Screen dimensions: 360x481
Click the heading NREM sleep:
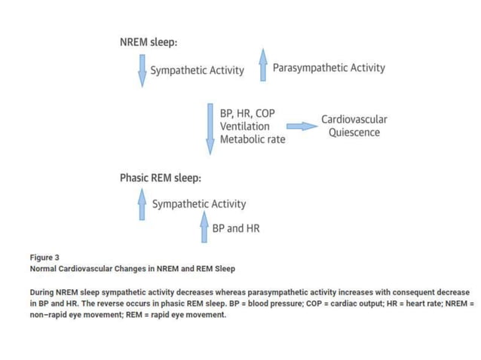tap(149, 42)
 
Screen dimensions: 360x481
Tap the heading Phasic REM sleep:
tap(160, 178)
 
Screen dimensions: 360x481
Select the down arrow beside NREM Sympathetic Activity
tap(142, 70)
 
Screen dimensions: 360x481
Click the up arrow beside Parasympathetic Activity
tap(262, 66)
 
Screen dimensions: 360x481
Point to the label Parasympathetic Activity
tap(329, 68)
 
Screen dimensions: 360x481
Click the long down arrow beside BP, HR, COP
tap(210, 128)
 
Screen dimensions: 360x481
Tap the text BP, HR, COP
tap(247, 113)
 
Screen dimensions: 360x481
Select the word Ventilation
tap(244, 127)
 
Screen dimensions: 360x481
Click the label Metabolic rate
tap(253, 140)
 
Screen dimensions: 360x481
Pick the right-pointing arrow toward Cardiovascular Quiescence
tap(302, 127)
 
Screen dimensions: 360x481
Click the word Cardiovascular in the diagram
tap(354, 119)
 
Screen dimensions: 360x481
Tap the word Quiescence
tap(354, 133)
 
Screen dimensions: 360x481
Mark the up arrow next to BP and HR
tap(204, 226)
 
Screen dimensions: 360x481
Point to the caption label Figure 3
tap(44, 257)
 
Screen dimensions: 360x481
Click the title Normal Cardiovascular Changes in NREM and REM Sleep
tap(132, 268)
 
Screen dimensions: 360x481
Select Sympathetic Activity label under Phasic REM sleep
tap(199, 204)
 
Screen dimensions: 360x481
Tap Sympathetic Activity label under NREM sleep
tap(198, 71)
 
